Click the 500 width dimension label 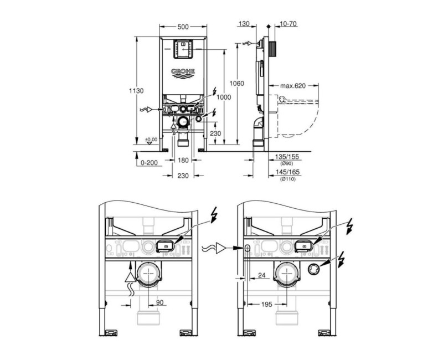182,27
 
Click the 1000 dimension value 224,97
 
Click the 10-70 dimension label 289,24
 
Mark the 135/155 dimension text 286,158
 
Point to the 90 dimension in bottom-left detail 158,302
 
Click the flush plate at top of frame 182,49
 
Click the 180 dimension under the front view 182,160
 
